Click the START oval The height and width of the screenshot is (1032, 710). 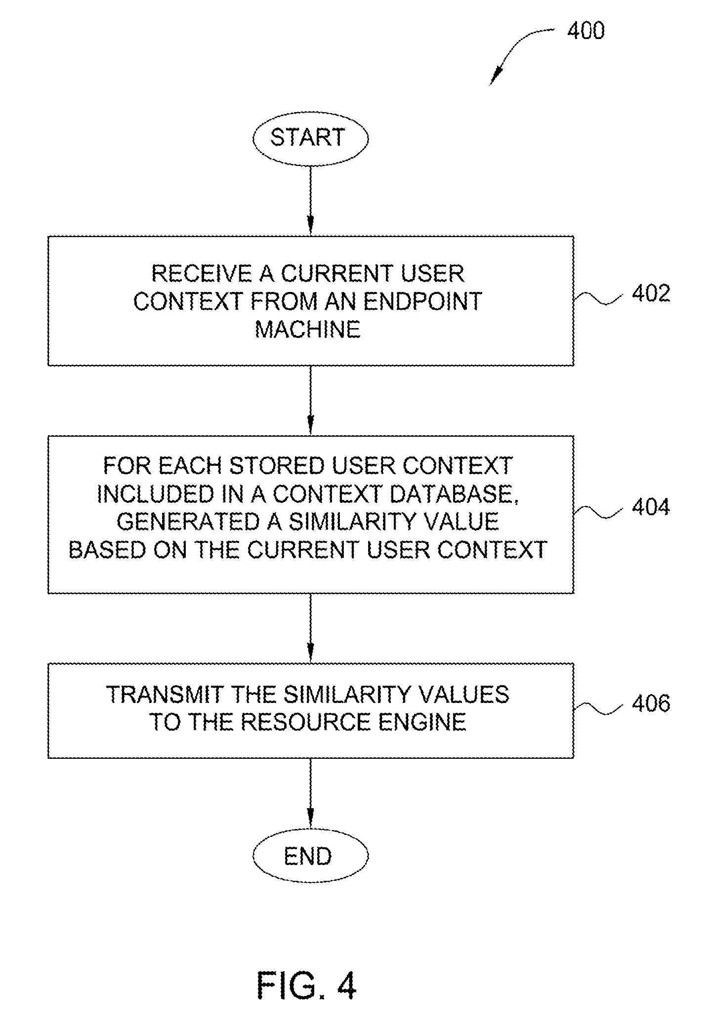click(x=310, y=138)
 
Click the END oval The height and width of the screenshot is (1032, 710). click(x=310, y=856)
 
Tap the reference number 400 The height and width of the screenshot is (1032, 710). click(x=585, y=31)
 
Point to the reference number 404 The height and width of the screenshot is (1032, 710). click(x=651, y=507)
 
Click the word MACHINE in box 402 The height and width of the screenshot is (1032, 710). click(x=308, y=329)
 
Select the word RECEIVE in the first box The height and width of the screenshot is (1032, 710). click(x=202, y=273)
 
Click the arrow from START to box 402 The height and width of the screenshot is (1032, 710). click(x=310, y=201)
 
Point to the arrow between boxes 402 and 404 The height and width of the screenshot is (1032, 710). click(x=310, y=401)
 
